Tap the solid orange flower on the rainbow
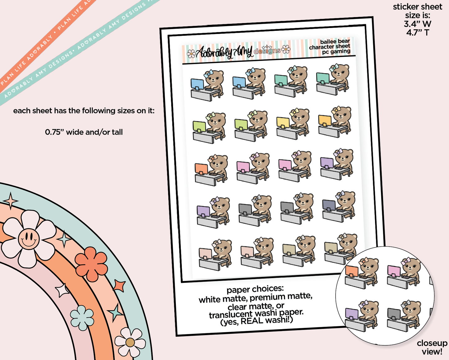coord(91,264)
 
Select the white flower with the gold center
coord(130,342)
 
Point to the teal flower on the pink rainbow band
coord(82,318)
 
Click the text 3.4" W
coord(417,24)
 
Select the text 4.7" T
coord(417,32)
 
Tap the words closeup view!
coord(432,347)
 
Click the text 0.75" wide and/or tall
coord(84,132)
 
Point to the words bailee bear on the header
coord(335,41)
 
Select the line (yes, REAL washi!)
coord(257,321)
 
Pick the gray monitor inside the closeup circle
coord(393,314)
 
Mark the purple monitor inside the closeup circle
coord(352,313)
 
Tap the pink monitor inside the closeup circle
coord(393,271)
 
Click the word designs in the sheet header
coord(267,50)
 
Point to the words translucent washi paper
coord(256,314)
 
